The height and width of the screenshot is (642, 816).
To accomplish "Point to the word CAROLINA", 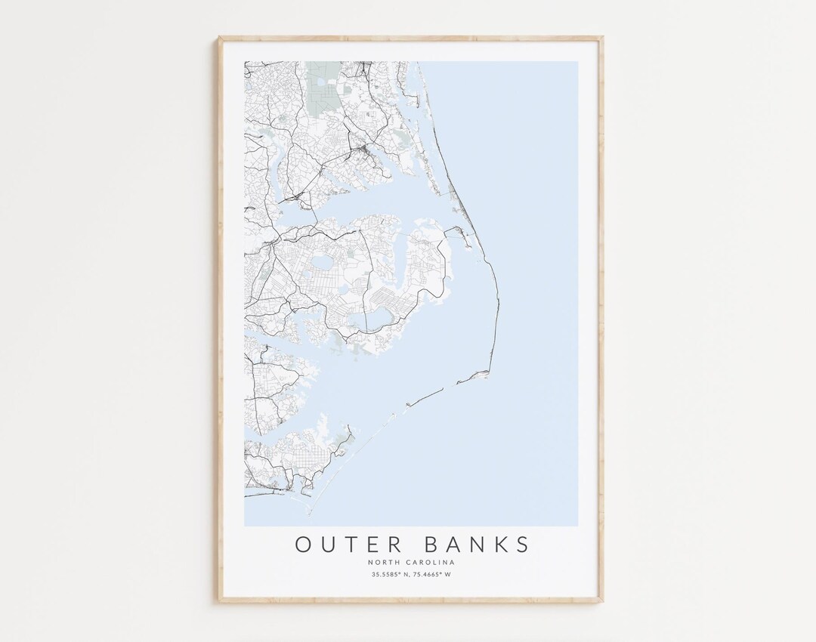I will [433, 563].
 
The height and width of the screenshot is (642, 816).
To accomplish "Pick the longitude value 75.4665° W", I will [432, 576].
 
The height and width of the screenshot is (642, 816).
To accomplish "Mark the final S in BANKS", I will [522, 544].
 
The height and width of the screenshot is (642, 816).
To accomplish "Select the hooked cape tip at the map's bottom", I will [309, 505].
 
